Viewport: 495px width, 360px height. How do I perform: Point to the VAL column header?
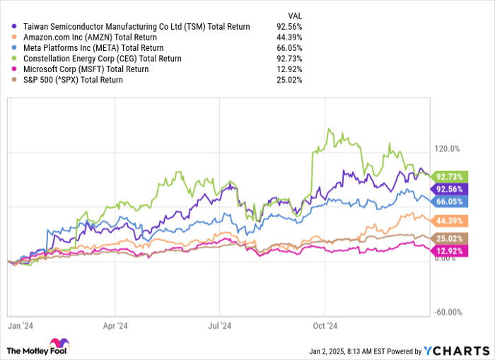point(297,14)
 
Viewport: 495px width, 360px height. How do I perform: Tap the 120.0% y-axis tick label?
point(448,149)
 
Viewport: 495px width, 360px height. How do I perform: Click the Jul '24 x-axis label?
point(221,326)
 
